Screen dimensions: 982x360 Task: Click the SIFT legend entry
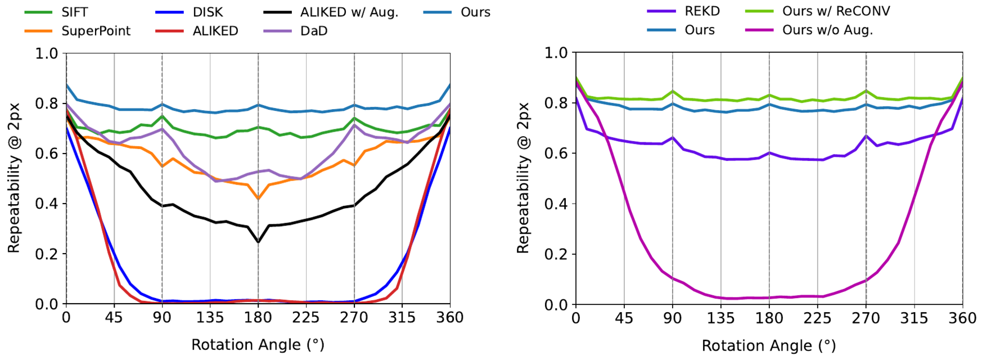click(56, 12)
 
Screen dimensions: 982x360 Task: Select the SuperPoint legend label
click(78, 31)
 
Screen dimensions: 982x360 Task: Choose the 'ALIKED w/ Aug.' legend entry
click(331, 12)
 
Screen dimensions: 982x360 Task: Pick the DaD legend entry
click(296, 31)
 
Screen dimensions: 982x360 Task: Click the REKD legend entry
click(683, 11)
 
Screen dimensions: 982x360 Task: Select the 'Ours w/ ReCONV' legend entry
click(818, 11)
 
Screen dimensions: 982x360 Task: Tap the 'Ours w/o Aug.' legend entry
click(809, 30)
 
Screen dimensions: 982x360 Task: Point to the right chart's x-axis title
click(768, 345)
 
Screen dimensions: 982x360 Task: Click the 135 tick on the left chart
click(210, 318)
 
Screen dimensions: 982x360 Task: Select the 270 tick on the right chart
click(866, 318)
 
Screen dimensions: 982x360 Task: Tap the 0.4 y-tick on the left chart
click(47, 204)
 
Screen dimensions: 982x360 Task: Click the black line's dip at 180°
click(258, 242)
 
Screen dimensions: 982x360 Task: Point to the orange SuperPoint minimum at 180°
click(258, 199)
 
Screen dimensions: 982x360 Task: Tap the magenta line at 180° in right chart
click(769, 298)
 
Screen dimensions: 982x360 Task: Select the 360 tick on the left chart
click(450, 318)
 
